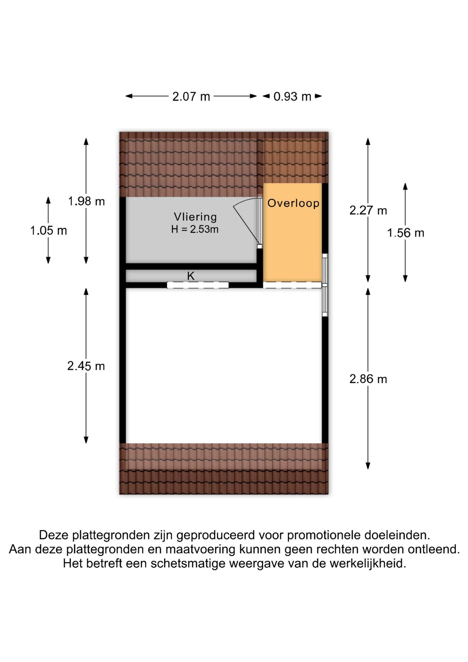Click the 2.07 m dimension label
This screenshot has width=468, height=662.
pyautogui.click(x=191, y=97)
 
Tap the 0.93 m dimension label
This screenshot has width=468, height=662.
pyautogui.click(x=292, y=97)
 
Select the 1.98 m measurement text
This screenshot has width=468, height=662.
pyautogui.click(x=86, y=201)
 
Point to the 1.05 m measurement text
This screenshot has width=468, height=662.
pyautogui.click(x=49, y=230)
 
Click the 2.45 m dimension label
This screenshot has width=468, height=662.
pyautogui.click(x=86, y=366)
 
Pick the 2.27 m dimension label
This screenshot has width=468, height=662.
pyautogui.click(x=368, y=210)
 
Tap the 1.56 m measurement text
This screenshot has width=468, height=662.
pyautogui.click(x=406, y=233)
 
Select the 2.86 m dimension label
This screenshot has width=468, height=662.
pyautogui.click(x=368, y=379)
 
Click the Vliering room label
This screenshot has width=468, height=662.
pyautogui.click(x=195, y=217)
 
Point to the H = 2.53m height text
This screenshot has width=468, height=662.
pyautogui.click(x=195, y=229)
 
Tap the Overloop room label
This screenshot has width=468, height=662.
pyautogui.click(x=293, y=203)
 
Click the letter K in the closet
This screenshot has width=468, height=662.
pyautogui.click(x=191, y=276)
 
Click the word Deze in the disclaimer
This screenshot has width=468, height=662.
pyautogui.click(x=54, y=535)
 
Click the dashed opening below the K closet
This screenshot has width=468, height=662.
pyautogui.click(x=198, y=285)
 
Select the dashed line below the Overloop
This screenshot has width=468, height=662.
pyautogui.click(x=292, y=285)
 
